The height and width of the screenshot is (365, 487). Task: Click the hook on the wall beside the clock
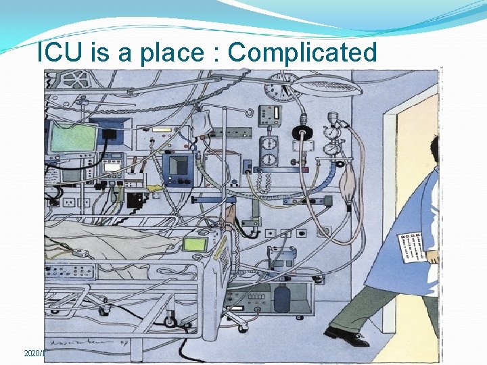click(x=251, y=111)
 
